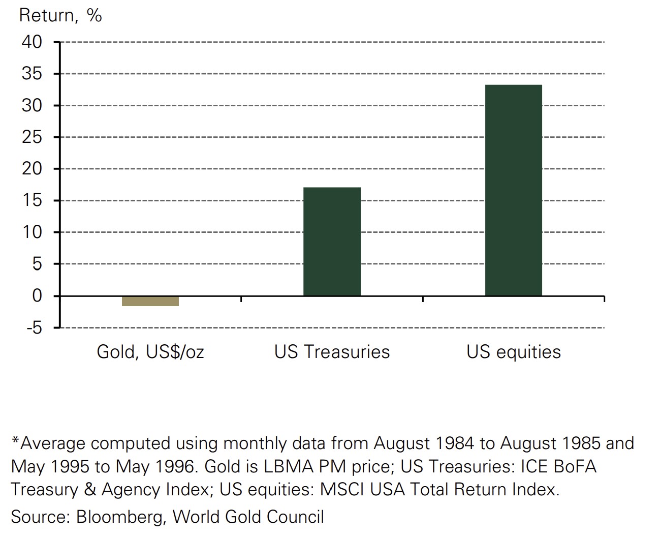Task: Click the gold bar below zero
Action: point(150,301)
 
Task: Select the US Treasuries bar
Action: point(332,242)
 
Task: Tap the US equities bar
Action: point(514,190)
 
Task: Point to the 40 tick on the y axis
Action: point(32,42)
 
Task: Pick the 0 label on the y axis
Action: point(37,295)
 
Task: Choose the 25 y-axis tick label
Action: point(32,137)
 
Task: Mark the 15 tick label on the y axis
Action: point(32,200)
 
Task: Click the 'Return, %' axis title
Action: point(60,15)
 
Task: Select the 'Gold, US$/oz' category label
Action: point(150,352)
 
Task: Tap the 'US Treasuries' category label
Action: point(332,352)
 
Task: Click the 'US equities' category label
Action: point(514,352)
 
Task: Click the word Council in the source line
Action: point(295,517)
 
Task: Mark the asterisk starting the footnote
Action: point(15,440)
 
